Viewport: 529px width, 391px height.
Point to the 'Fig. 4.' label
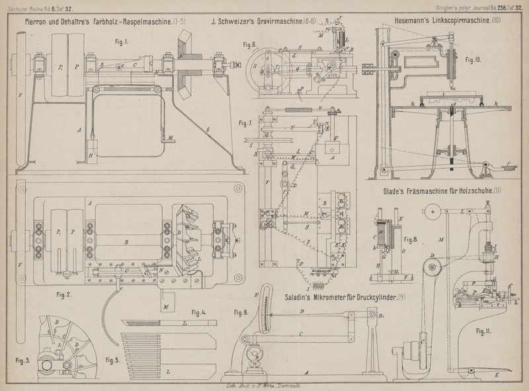[200, 312]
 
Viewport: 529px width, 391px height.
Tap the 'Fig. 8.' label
[411, 239]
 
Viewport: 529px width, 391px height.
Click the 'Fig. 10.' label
[473, 60]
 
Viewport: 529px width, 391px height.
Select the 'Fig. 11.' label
[483, 328]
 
